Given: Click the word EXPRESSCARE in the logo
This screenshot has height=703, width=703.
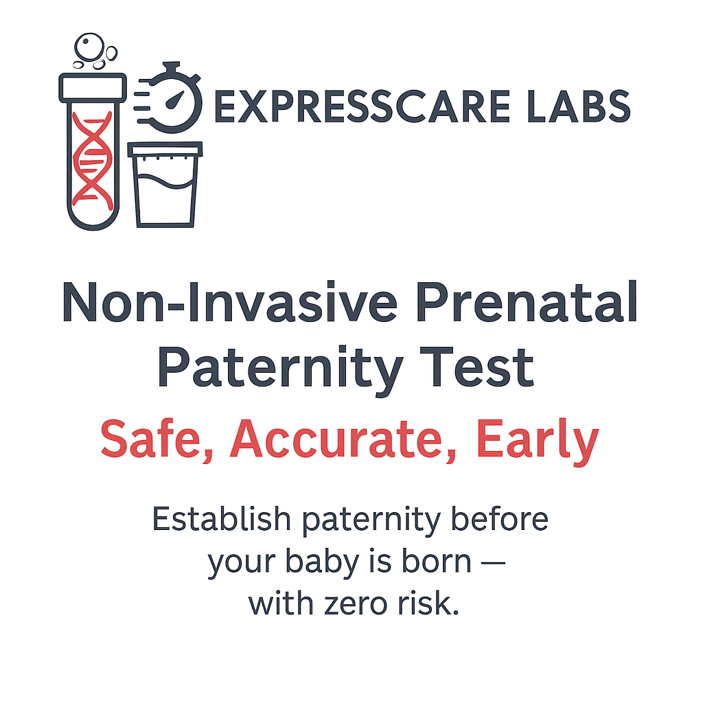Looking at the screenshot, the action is coord(362,106).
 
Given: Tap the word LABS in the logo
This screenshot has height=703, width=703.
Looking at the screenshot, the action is coord(579,106).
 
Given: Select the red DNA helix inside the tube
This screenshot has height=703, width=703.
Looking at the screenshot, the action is coord(93,161).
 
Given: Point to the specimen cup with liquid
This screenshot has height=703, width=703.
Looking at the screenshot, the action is coord(165,185).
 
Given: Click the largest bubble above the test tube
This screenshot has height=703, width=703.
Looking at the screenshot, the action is coord(89,46).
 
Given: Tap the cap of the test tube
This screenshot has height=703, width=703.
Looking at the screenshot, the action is coord(93,87).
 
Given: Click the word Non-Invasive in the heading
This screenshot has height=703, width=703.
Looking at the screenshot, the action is coord(229,302).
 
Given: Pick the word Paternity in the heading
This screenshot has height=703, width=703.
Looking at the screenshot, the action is coord(281,369).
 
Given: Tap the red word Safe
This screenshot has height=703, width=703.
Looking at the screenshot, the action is coord(157,439).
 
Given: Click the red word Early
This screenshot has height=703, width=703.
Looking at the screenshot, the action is coord(537,441).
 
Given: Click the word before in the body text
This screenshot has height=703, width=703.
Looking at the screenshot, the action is coord(499,519).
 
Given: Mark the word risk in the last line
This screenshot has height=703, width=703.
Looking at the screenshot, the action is coord(428,603).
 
